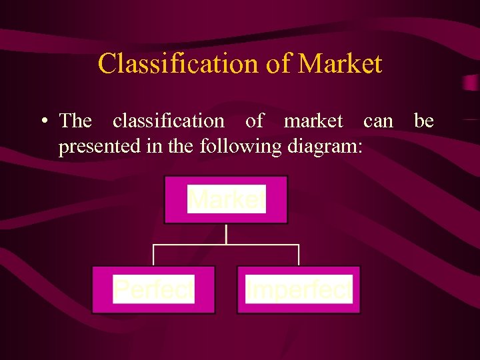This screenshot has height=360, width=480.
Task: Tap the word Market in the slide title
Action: click(x=340, y=63)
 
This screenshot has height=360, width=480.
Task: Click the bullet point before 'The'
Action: click(x=43, y=121)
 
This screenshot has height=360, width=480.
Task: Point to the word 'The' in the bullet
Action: click(x=75, y=121)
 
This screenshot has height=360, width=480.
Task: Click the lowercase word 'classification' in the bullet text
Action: click(x=169, y=121)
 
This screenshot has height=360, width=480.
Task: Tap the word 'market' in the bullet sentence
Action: click(x=313, y=121)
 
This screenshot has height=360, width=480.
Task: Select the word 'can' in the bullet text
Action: click(x=378, y=121)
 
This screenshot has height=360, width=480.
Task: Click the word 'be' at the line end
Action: click(x=424, y=121)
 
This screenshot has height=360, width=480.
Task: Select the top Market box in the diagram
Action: click(x=226, y=199)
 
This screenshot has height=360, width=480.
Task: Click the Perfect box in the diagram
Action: click(x=153, y=289)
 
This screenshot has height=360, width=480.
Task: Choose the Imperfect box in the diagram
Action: click(x=299, y=289)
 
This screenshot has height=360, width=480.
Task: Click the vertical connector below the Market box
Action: click(x=227, y=234)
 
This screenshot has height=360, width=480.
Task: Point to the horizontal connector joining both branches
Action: click(x=227, y=245)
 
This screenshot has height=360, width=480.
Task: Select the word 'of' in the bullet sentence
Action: click(x=254, y=121)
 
